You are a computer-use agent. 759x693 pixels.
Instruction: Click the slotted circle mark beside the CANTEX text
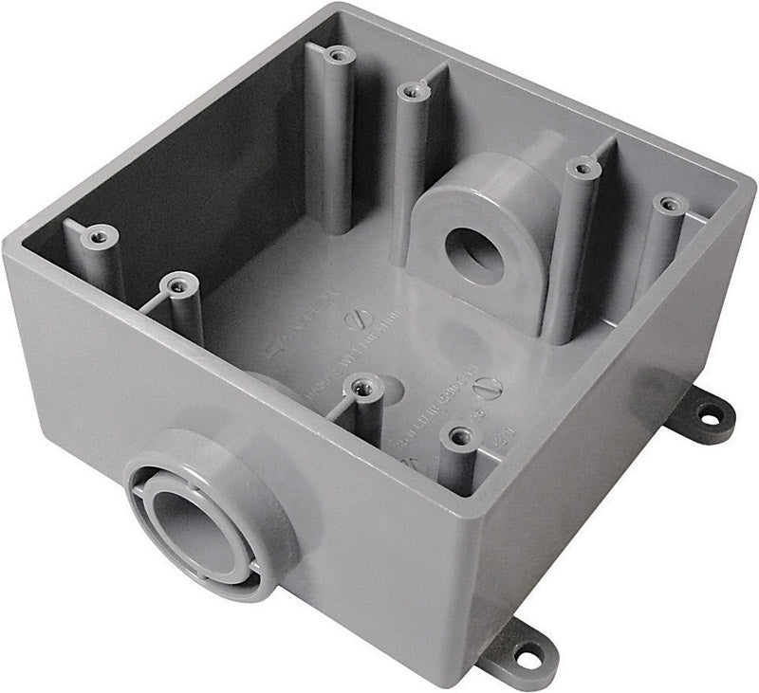[358, 319]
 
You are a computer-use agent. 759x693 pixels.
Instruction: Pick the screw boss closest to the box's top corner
[334, 54]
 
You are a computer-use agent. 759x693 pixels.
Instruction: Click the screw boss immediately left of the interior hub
[410, 91]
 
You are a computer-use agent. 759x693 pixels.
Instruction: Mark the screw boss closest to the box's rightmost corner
[670, 203]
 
